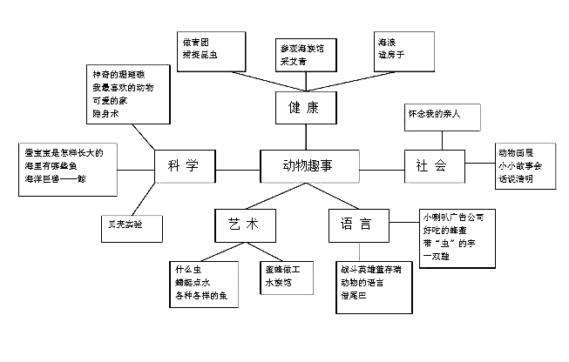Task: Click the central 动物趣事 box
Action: [x=308, y=163]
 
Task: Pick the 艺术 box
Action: [x=239, y=225]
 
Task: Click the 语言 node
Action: [x=355, y=225]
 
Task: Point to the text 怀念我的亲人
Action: [x=433, y=114]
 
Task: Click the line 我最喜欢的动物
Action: [x=122, y=89]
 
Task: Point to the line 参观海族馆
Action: [x=301, y=50]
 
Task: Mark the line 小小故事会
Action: [x=519, y=165]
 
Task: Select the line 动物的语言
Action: [x=361, y=282]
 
